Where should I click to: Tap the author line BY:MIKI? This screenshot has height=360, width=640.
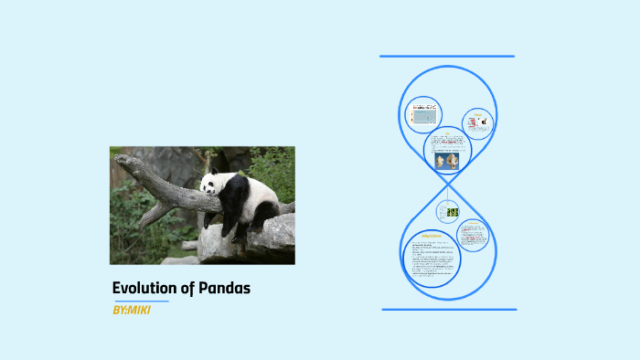pyautogui.click(x=131, y=311)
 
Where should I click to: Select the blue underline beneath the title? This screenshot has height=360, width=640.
pyautogui.click(x=141, y=301)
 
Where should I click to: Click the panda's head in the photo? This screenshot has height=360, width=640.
pyautogui.click(x=213, y=185)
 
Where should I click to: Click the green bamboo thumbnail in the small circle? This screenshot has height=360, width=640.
pyautogui.click(x=452, y=212)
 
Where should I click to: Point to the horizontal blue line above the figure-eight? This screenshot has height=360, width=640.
pyautogui.click(x=447, y=57)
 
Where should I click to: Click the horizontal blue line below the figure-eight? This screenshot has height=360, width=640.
pyautogui.click(x=449, y=309)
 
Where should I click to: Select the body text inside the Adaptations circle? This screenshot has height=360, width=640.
pyautogui.click(x=431, y=260)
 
